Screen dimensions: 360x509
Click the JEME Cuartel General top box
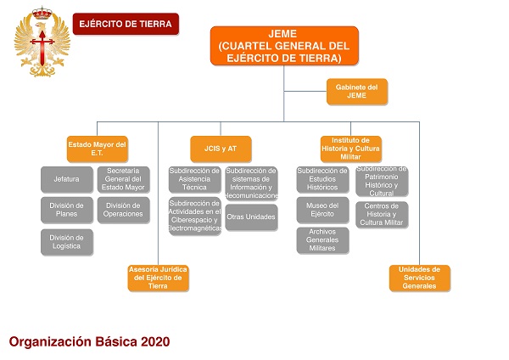(284, 46)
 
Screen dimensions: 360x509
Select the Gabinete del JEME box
(356, 92)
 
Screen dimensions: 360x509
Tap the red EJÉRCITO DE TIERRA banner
(126, 25)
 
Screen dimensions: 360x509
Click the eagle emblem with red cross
(36, 39)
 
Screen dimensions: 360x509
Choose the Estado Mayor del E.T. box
(97, 149)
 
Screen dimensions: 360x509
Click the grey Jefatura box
(66, 179)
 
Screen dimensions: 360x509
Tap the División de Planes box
(66, 210)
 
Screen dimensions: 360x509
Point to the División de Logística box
(66, 242)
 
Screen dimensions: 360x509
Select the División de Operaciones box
(124, 210)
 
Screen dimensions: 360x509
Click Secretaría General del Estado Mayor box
(124, 179)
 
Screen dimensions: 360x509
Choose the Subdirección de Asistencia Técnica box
(194, 179)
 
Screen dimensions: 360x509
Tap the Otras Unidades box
(251, 217)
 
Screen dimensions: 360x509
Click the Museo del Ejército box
(322, 210)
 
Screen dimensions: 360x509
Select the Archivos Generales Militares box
(322, 240)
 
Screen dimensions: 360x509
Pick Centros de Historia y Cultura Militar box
(382, 215)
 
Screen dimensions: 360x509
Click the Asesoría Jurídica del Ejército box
(157, 278)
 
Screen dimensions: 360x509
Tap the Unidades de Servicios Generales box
(420, 278)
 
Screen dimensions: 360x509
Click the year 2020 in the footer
(154, 341)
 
